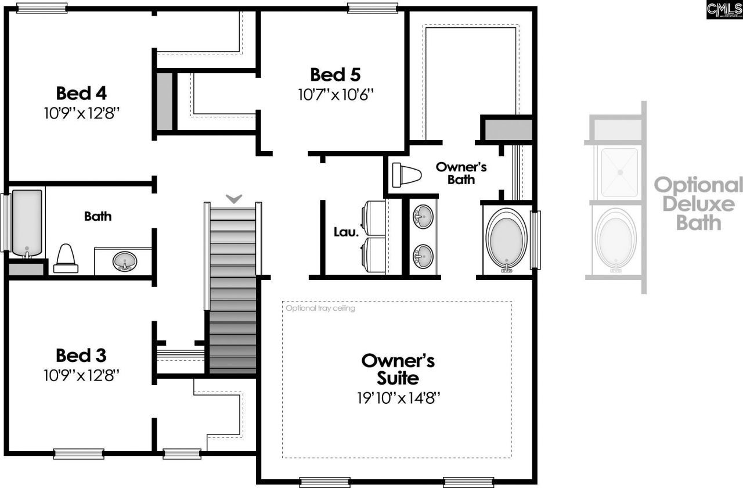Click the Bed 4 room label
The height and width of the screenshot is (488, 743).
point(81,93)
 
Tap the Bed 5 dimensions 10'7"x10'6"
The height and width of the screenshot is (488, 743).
point(335,95)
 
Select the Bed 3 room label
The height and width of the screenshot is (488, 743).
point(81,355)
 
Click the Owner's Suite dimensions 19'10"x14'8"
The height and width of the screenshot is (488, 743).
point(398,398)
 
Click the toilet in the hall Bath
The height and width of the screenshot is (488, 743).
point(66,259)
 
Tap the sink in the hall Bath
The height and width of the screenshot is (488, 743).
point(124,261)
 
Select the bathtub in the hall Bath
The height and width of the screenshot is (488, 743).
point(27,222)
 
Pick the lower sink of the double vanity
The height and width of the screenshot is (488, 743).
point(423,254)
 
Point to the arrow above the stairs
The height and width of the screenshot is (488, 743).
point(233,199)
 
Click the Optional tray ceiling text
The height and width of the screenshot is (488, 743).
point(320,308)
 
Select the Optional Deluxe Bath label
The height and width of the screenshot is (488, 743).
point(698,204)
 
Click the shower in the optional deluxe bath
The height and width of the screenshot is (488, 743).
point(620,172)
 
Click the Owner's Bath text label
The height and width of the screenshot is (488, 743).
point(461,173)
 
